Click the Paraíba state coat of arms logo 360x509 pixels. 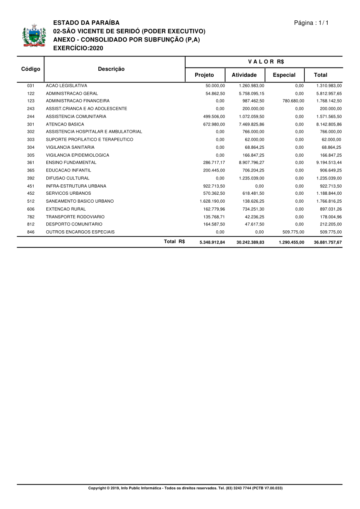coord(34,36)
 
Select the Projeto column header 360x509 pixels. coord(204,75)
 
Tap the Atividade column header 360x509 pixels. coord(244,75)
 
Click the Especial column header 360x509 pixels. coord(284,75)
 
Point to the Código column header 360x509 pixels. coord(31,69)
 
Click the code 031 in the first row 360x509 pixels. coord(31,86)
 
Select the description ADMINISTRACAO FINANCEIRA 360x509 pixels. coord(78,101)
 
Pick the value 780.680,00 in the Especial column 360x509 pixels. coord(293,101)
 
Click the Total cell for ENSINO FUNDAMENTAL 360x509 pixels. coord(329,163)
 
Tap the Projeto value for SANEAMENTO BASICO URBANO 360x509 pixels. coord(212,201)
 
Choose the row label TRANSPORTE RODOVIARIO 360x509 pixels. coord(75,217)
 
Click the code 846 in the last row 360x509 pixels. coord(31,232)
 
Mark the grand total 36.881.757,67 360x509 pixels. coord(328,242)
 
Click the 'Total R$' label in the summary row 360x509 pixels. coord(174,242)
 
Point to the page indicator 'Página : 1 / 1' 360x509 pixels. coord(311,23)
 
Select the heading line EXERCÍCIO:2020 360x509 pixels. coord(78,48)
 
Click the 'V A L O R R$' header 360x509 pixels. coord(266,62)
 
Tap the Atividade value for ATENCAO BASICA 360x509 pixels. coord(251,124)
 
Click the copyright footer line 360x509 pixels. coord(185,488)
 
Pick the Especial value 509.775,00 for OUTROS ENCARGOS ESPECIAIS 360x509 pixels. coord(293,232)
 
